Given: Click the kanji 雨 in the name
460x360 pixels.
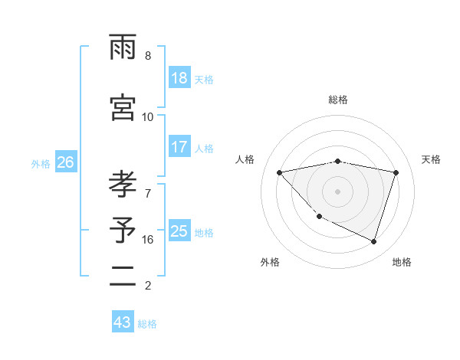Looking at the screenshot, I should pos(123,50).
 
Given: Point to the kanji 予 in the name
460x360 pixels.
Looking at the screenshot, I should pos(123,230).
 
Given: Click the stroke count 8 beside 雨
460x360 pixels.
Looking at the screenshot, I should pos(148,56).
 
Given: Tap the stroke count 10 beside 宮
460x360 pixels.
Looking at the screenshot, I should pos(148,116).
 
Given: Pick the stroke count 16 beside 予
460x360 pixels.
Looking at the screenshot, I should pos(148,240).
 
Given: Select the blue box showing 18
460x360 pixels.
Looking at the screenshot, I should pos(179,78).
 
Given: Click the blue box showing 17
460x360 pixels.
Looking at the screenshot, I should pos(179,147).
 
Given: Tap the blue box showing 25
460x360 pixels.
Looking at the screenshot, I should pos(179,231).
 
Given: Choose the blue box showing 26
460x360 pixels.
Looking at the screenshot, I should pos(65,162).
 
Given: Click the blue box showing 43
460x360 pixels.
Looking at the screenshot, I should pos(122,322).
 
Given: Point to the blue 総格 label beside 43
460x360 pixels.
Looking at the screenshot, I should pos(147,324).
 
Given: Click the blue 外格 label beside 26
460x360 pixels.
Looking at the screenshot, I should pos(41,164).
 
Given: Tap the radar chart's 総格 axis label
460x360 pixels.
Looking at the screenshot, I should pos(337,100).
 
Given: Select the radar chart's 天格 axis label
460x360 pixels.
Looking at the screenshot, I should pos(432,159).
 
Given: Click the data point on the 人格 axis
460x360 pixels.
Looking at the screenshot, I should pos(280,172).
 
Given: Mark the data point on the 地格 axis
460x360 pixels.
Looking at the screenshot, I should pos(373,241).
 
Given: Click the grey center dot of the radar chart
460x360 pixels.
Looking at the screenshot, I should pos(337,191).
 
